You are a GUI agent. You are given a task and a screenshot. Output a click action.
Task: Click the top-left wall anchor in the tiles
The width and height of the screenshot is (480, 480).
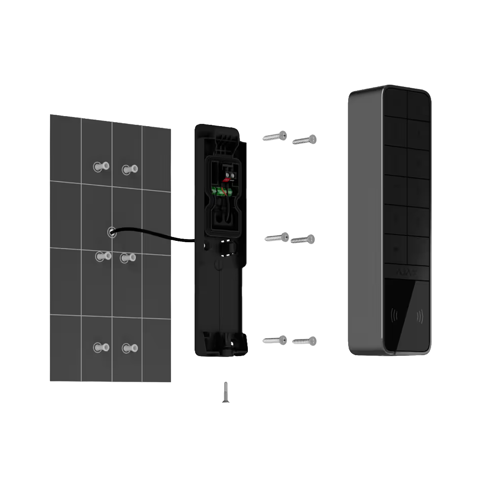(101, 166)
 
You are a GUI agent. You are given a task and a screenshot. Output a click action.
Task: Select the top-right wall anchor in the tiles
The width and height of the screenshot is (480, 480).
(130, 169)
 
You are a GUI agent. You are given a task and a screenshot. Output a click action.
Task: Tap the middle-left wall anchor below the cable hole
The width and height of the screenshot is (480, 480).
(103, 256)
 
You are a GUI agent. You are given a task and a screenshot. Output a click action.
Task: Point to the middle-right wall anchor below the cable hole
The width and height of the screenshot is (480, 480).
(128, 258)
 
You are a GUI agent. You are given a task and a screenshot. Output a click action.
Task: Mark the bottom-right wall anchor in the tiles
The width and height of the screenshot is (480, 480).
(130, 348)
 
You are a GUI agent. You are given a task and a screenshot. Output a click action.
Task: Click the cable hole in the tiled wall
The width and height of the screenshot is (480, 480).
(112, 232)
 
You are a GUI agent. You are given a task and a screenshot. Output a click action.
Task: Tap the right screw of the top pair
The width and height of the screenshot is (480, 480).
(305, 140)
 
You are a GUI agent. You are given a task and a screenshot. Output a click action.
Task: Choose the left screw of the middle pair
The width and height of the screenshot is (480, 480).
(277, 238)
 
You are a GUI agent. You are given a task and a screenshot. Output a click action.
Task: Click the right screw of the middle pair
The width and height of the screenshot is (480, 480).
(303, 239)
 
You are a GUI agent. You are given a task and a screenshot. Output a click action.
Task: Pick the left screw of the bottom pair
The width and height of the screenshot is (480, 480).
(275, 340)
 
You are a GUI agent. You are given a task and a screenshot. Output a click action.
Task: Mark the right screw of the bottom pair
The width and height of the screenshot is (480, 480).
(305, 341)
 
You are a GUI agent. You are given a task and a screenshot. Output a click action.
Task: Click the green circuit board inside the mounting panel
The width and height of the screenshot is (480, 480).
(222, 191)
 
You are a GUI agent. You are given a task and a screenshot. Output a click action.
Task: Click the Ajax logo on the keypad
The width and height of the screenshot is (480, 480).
(406, 272)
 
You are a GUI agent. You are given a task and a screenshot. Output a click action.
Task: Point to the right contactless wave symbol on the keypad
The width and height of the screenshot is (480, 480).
(420, 316)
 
